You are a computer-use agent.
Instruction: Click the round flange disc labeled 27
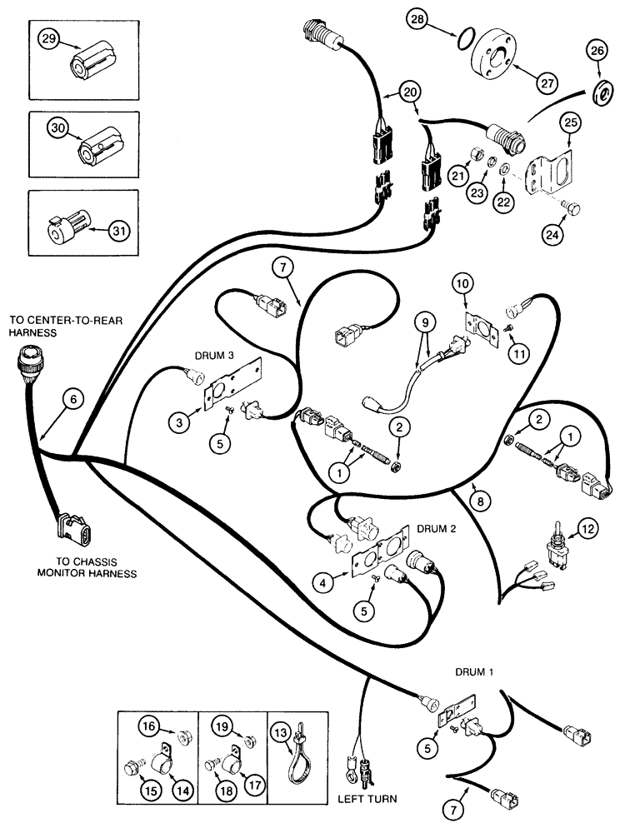coord(497,54)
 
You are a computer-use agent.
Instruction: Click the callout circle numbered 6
coord(72,401)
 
